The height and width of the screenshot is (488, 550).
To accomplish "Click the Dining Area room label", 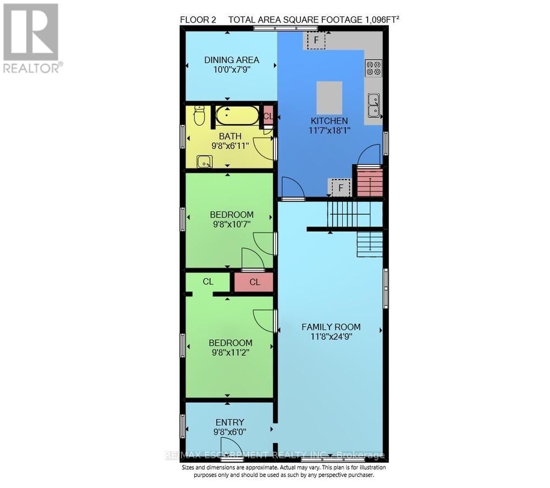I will pos(232,60).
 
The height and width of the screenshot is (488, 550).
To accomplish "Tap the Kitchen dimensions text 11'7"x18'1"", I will pos(329,131).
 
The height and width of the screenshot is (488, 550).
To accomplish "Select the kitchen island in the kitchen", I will pos(329,97).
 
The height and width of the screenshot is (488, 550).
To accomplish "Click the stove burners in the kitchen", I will pos(374,68).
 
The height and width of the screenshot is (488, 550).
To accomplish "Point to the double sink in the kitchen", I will pos(374,105).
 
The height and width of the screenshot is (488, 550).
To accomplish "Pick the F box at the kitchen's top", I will pos(316,40).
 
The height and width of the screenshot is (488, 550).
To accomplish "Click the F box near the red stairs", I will pos(341,188).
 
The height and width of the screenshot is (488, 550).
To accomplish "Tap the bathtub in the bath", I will pos(237,116).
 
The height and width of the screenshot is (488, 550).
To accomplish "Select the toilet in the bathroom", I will pos(200,115).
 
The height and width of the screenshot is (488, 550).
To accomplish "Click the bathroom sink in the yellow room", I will pos(205,161).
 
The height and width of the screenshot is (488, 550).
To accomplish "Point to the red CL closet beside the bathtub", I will pos(268,116).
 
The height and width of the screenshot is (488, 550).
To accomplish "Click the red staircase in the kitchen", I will pos(370,182).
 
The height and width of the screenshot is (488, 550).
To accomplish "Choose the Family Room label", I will pos(331,327).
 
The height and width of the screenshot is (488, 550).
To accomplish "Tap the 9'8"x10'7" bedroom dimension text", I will pos(232,224).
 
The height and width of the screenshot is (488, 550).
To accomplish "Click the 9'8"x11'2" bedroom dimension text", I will pos(230,353).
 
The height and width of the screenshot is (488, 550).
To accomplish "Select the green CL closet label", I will pos(208,281).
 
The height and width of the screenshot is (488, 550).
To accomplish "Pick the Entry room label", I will pos(230,422).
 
